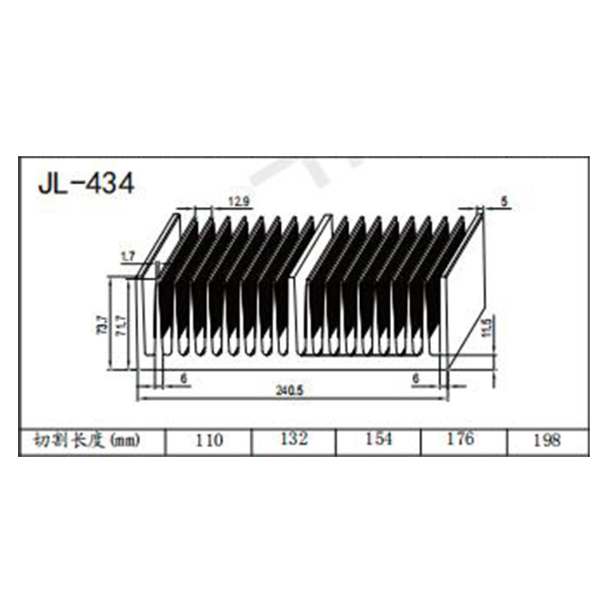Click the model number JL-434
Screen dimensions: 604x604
[x=86, y=183]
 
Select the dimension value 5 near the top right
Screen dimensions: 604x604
[x=504, y=201]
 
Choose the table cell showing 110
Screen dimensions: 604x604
[x=209, y=440]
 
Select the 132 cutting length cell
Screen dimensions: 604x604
[x=293, y=440]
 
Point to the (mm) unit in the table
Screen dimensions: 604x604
[x=125, y=440]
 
